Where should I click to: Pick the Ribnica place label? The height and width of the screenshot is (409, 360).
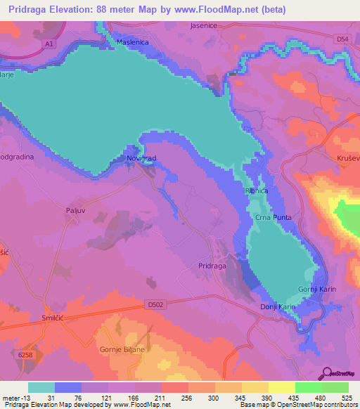[x=256, y=190]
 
